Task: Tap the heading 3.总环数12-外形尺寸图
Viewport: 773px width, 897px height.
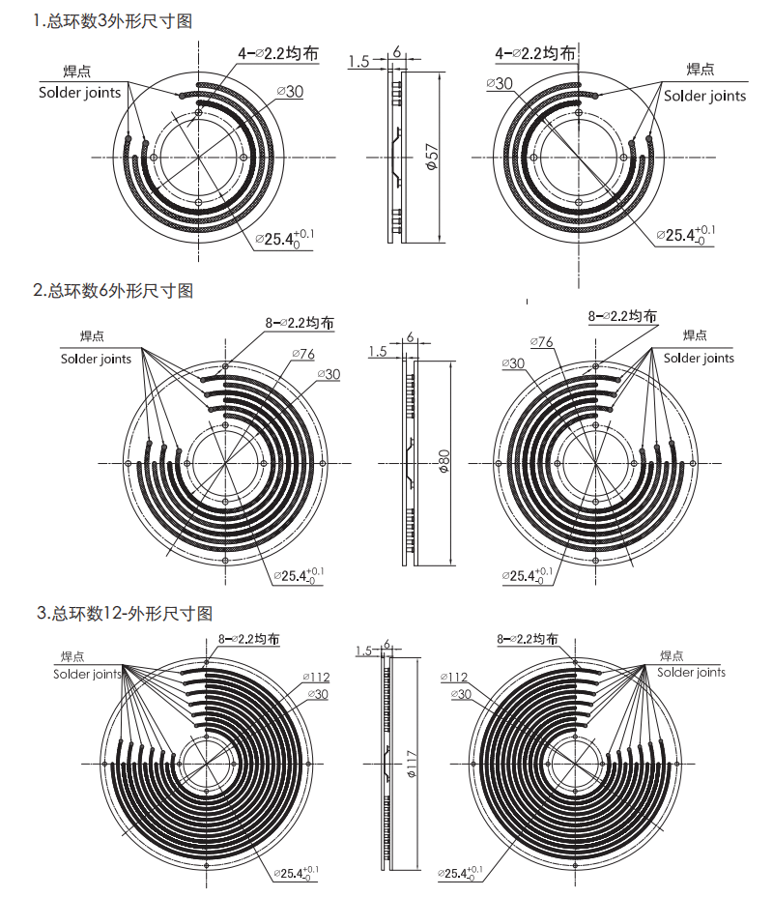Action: pyautogui.click(x=124, y=613)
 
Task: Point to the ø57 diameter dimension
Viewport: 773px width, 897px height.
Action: pyautogui.click(x=432, y=157)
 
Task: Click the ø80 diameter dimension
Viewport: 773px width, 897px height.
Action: pyautogui.click(x=444, y=462)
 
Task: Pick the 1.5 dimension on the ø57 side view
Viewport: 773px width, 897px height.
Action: pyautogui.click(x=358, y=62)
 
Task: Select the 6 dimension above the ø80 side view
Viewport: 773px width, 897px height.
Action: pyautogui.click(x=411, y=336)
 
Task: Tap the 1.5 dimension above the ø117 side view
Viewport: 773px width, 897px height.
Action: pyautogui.click(x=364, y=651)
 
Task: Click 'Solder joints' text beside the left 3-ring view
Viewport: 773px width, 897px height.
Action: pyautogui.click(x=80, y=93)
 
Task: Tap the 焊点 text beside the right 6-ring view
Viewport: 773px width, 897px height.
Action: pyautogui.click(x=695, y=335)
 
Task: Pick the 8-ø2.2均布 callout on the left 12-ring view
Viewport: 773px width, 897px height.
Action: pyautogui.click(x=249, y=639)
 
